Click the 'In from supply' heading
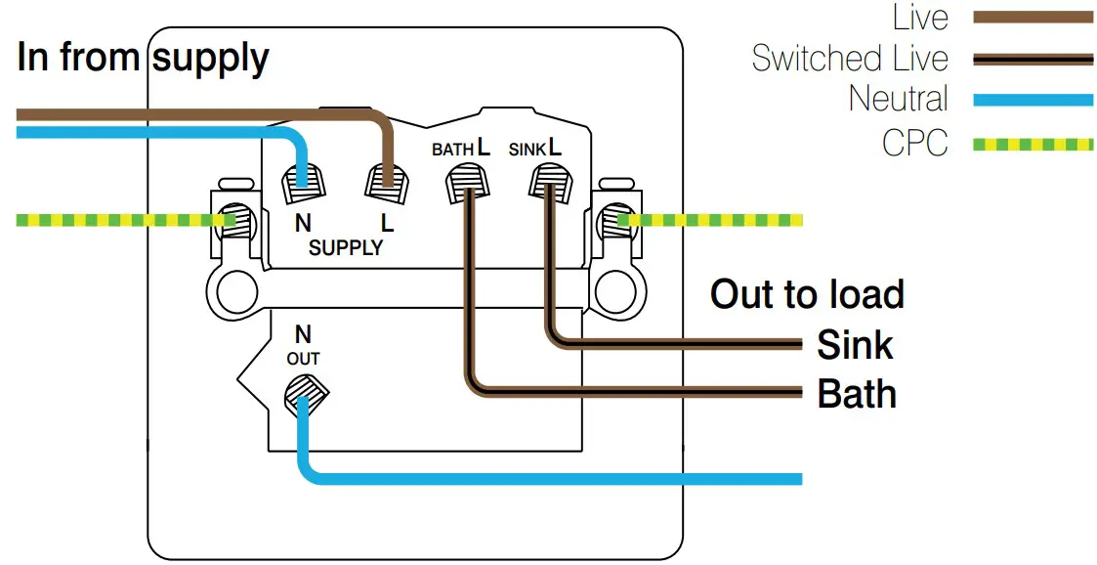(x=143, y=59)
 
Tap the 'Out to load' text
(x=807, y=294)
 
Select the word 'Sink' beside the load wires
(x=855, y=344)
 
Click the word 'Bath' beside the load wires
(x=857, y=394)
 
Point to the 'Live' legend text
(x=920, y=17)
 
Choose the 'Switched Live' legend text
(x=850, y=59)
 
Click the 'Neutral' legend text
(x=898, y=99)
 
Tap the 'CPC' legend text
(x=914, y=144)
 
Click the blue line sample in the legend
(x=1033, y=100)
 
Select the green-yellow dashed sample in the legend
(x=1033, y=145)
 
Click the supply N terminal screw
(x=301, y=181)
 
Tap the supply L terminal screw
(x=385, y=181)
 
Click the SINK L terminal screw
(x=549, y=182)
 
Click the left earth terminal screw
(x=235, y=222)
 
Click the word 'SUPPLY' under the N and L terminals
(x=345, y=247)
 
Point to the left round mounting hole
(x=234, y=289)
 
